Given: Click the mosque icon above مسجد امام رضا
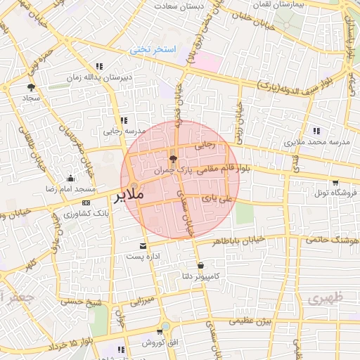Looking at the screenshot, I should [70, 178].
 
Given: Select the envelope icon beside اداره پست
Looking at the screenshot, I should [143, 246].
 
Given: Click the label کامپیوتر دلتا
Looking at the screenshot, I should [201, 276].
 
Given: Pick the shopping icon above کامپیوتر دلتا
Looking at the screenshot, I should [202, 265].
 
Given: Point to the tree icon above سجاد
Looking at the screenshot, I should [30, 87].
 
